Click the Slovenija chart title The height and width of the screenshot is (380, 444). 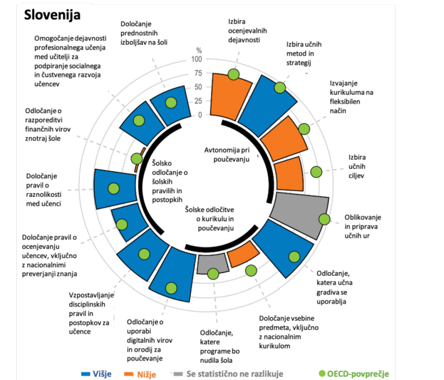coord(52,15)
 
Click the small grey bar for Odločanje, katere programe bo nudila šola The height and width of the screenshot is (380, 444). coord(212,264)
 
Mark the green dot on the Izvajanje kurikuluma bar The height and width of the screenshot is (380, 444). coord(304,129)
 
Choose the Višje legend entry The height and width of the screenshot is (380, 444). coord(96,373)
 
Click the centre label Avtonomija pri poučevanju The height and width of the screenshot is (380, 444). coord(228,155)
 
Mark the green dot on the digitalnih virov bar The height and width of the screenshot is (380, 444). coord(172,287)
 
